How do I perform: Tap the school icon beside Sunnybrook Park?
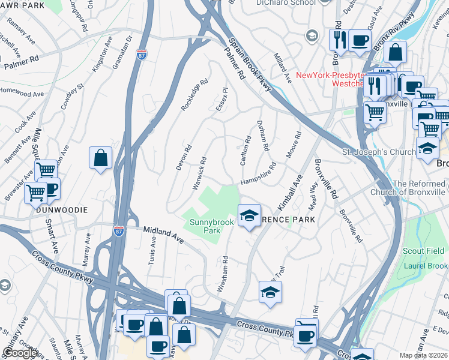pyautogui.click(x=249, y=215)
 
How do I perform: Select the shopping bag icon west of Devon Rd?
pyautogui.click(x=101, y=159)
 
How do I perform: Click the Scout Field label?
pyautogui.click(x=424, y=251)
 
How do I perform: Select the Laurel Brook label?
pyautogui.click(x=425, y=266)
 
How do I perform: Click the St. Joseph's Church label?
pyautogui.click(x=378, y=152)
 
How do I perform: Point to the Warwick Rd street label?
pyautogui.click(x=200, y=173)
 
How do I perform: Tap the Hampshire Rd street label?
pyautogui.click(x=258, y=174)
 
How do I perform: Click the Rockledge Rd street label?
pyautogui.click(x=194, y=95)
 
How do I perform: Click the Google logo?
pyautogui.click(x=20, y=353)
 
